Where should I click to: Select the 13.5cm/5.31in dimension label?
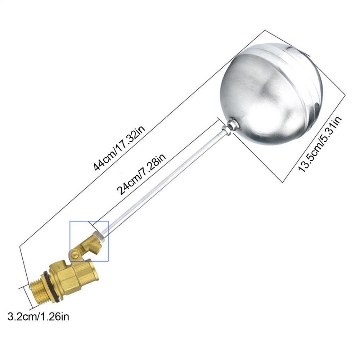pyautogui.click(x=320, y=144)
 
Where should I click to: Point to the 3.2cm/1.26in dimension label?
pyautogui.click(x=39, y=317)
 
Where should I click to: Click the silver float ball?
pyautogui.click(x=271, y=94)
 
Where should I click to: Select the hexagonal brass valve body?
pyautogui.click(x=73, y=275)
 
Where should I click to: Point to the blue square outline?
pyautogui.click(x=70, y=241)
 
